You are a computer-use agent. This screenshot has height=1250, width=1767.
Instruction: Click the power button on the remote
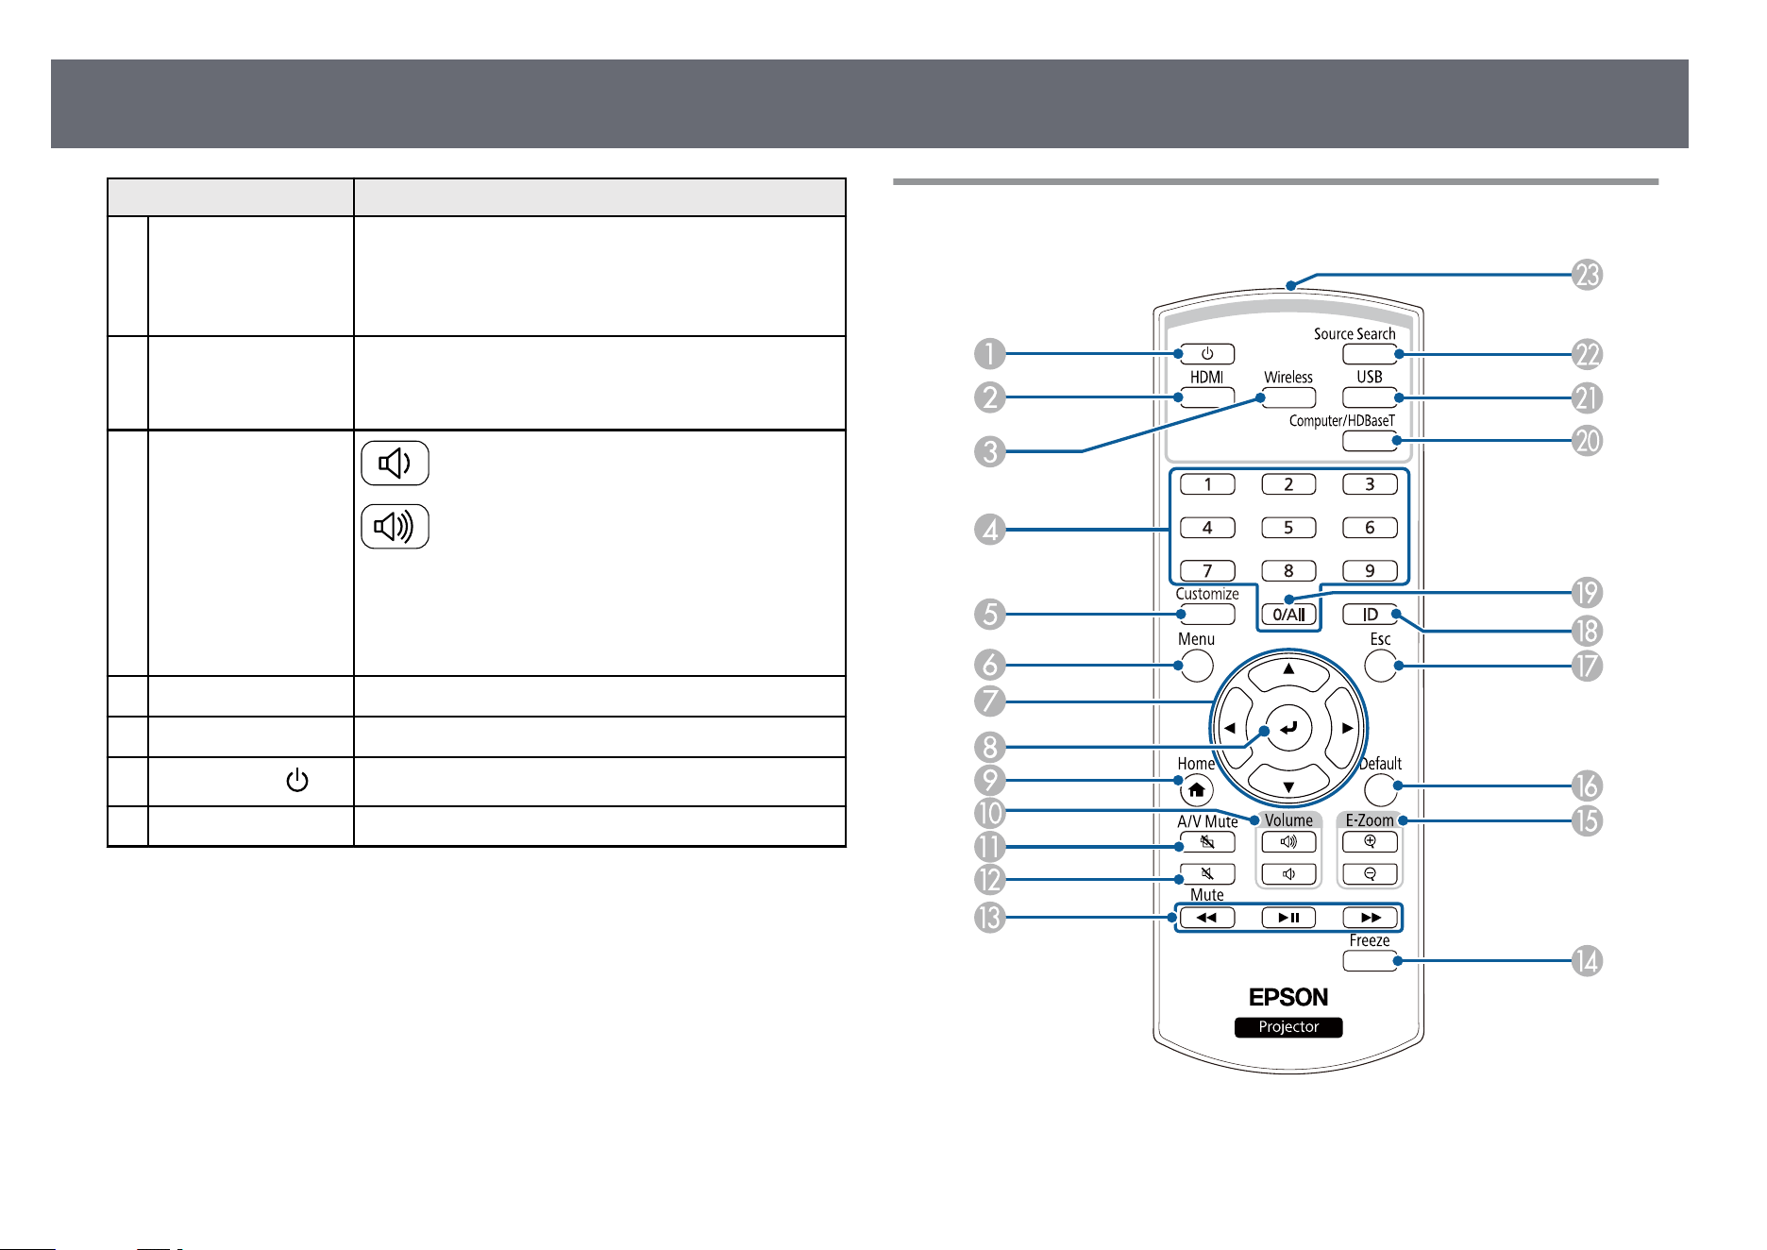click(x=1207, y=354)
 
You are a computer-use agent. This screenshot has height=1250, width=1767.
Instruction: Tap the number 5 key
click(x=1288, y=528)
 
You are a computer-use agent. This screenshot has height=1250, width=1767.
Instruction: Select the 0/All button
click(x=1288, y=615)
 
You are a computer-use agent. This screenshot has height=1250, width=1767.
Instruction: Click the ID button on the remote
click(x=1370, y=615)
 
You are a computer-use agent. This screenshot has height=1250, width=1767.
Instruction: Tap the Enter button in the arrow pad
click(x=1288, y=728)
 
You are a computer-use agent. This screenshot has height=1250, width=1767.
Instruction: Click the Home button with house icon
click(x=1197, y=789)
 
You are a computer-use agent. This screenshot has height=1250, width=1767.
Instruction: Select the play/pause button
click(x=1288, y=918)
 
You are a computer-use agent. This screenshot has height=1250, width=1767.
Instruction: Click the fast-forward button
click(x=1370, y=918)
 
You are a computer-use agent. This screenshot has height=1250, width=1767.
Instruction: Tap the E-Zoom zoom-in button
click(x=1370, y=841)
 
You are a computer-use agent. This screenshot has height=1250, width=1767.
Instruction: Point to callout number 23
click(x=1588, y=275)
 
